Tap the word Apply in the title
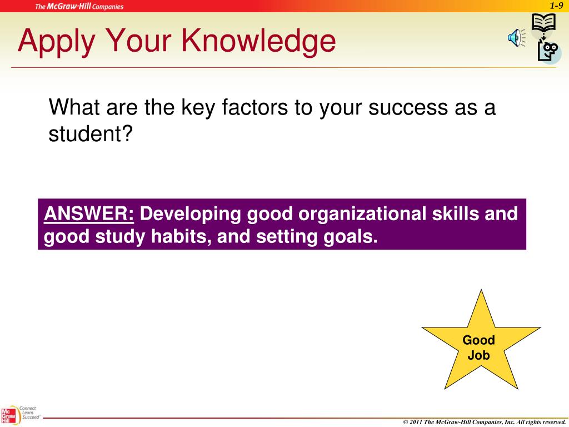click(x=56, y=42)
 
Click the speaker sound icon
click(x=513, y=38)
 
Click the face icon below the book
click(x=548, y=51)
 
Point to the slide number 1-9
click(x=557, y=6)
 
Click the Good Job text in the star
click(x=479, y=347)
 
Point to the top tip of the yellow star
click(x=481, y=291)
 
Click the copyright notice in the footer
click(x=484, y=423)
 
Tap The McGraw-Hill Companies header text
click(x=79, y=7)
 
